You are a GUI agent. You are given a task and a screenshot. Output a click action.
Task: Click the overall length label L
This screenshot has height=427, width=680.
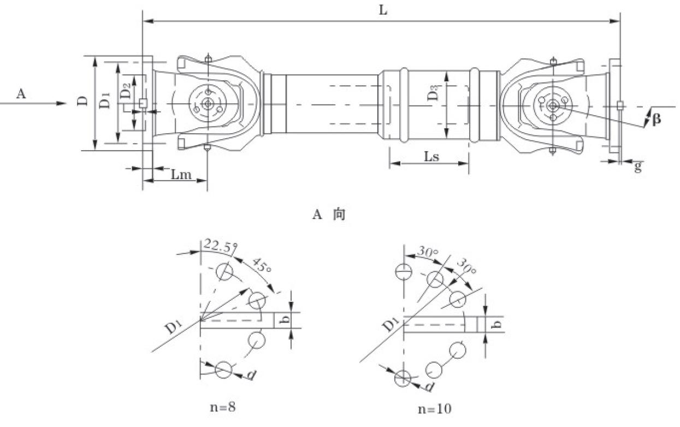(x=383, y=10)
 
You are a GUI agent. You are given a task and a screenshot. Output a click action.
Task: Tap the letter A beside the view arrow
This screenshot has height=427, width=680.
(x=21, y=94)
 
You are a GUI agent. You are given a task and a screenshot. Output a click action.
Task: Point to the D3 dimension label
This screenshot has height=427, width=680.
(x=433, y=93)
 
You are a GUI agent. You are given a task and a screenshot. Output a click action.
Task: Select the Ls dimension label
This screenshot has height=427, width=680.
(x=431, y=157)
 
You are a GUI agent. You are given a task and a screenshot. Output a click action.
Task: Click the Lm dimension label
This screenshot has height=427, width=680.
(x=181, y=174)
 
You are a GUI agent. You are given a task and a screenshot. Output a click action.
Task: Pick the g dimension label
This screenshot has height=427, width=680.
(x=637, y=168)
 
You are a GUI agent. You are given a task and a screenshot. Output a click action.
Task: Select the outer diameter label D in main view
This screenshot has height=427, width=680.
(x=82, y=101)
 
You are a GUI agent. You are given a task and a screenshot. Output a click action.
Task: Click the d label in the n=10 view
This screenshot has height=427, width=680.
(x=430, y=387)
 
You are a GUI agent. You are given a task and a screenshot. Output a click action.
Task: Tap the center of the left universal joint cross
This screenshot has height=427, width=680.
(x=208, y=104)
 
